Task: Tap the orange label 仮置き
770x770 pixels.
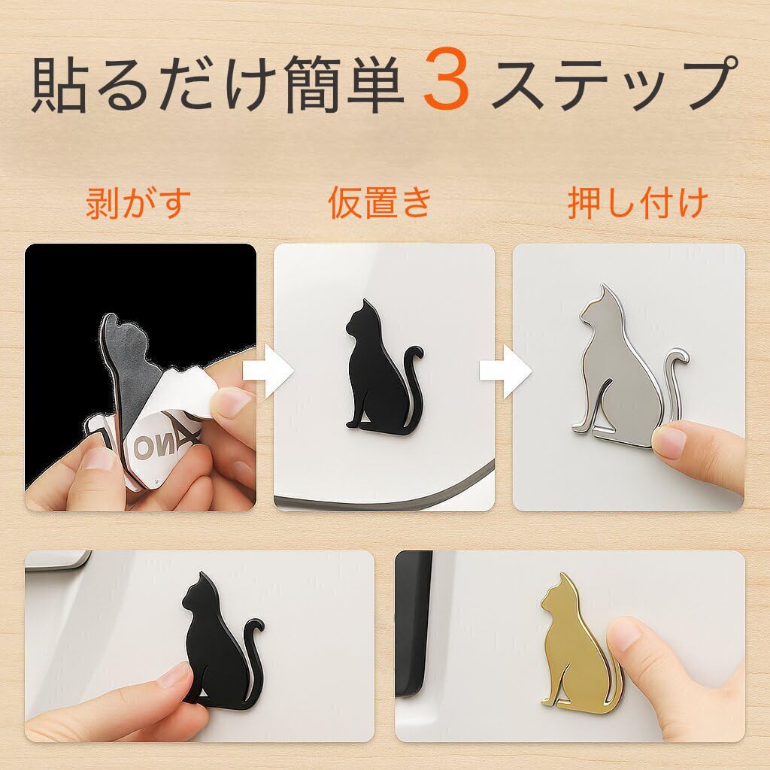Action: coord(380,203)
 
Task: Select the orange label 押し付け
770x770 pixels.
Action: coord(638,203)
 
